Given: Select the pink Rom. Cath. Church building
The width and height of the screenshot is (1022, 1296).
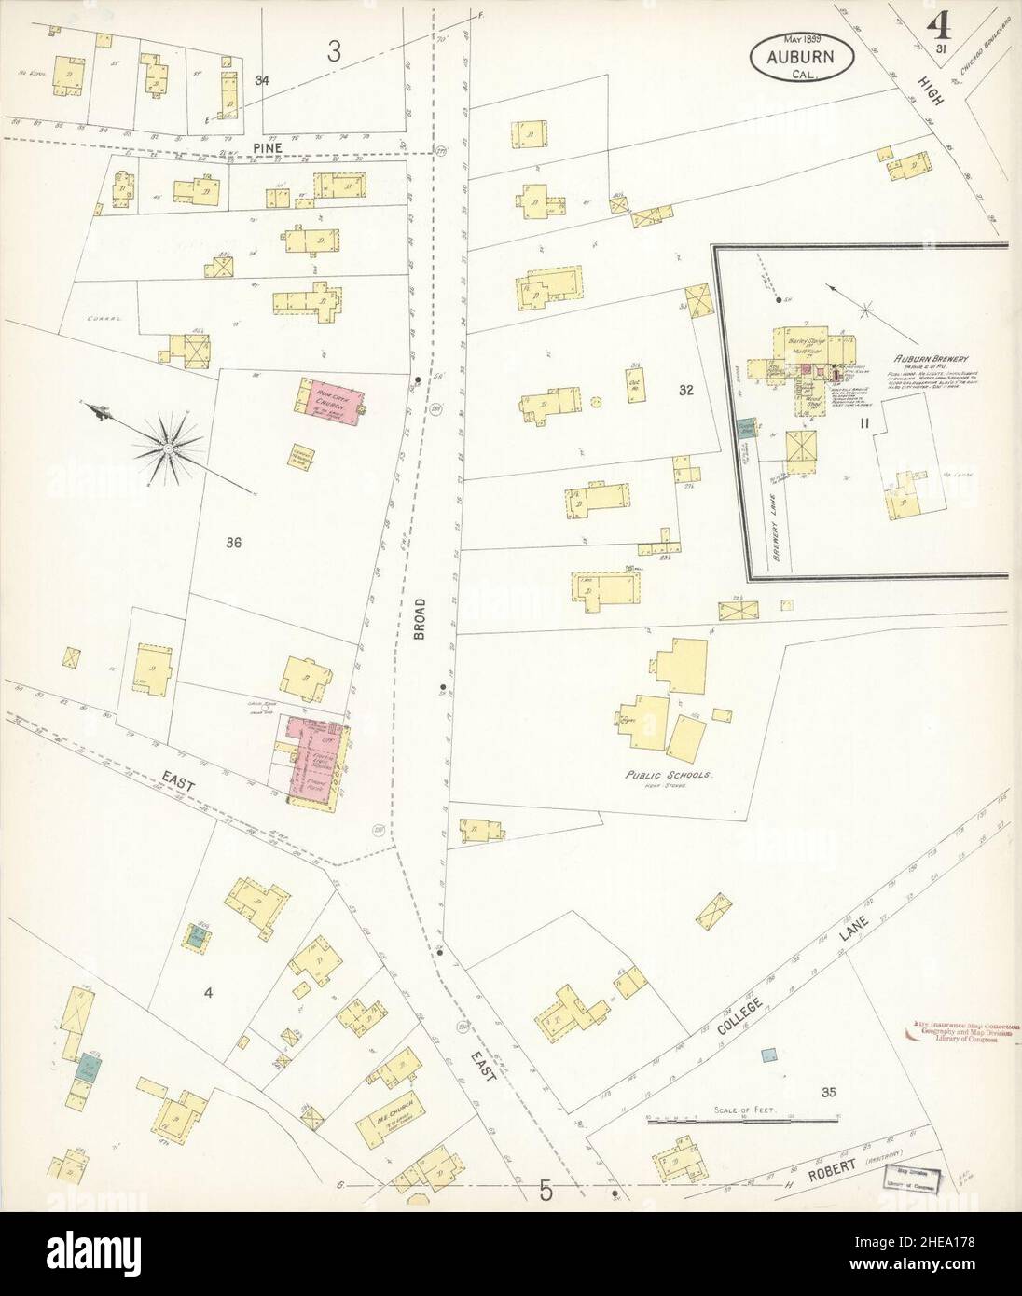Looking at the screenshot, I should coord(329,400).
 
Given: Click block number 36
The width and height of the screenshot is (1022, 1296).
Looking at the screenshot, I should coord(233,543).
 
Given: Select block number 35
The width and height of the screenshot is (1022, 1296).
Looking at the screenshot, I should coord(828,1092).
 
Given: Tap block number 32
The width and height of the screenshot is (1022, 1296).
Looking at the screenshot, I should coord(686,391).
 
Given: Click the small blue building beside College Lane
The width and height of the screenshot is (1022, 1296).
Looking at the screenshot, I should coord(768,1054).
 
